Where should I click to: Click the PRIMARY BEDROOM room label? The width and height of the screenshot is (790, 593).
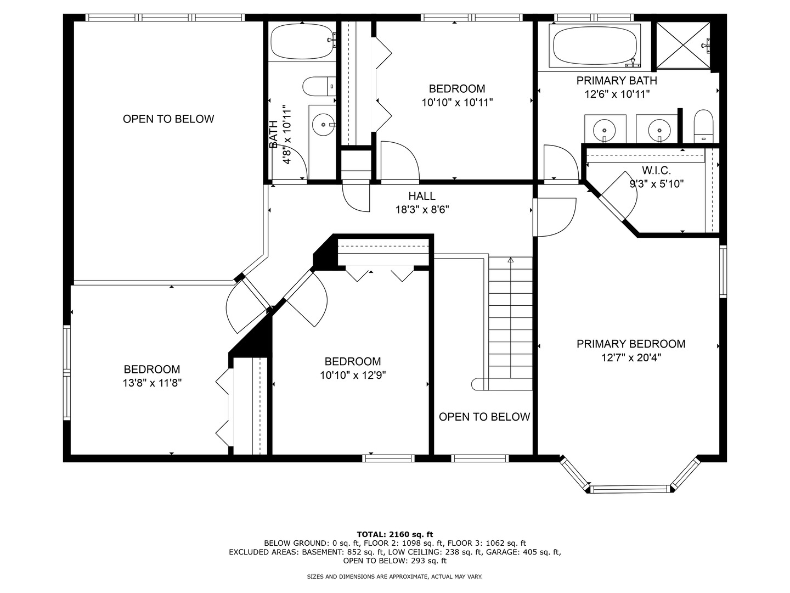point(630,344)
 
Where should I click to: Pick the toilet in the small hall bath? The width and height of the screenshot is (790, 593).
point(319,86)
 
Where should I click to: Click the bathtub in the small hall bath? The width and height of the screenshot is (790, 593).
point(302,42)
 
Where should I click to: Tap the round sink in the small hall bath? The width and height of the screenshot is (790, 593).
point(323,125)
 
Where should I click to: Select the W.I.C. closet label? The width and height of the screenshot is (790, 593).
point(656,171)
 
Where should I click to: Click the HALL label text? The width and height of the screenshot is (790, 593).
point(422,196)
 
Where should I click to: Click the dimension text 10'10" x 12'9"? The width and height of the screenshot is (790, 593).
point(352,376)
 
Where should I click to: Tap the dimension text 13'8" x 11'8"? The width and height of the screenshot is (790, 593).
point(152,383)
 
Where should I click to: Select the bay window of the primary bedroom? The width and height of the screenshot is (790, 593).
point(630,488)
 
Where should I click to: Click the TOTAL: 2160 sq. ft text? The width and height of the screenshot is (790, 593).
point(395,534)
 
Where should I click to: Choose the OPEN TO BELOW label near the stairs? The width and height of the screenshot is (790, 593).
point(484,417)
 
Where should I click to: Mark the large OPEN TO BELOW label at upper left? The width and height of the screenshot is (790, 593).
point(168,119)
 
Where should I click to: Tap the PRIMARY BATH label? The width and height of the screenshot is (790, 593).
point(617,81)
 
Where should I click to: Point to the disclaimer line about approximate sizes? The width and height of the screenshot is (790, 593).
point(394,577)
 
